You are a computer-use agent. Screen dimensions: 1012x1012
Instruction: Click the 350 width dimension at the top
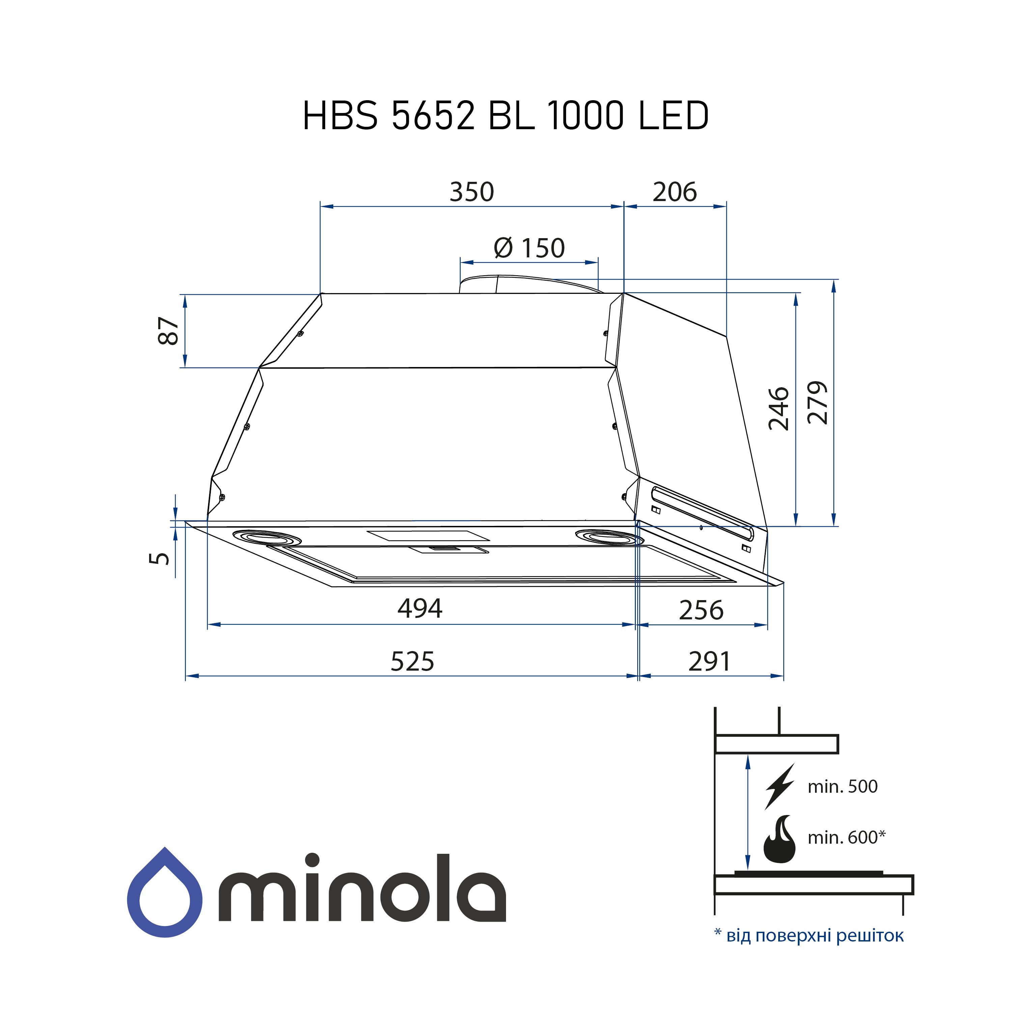coord(472,192)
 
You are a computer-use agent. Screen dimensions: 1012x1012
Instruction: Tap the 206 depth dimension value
coord(675,192)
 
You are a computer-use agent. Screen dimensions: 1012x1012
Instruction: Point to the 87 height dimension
coord(169,331)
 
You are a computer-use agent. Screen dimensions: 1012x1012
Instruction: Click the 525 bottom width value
coord(412,662)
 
